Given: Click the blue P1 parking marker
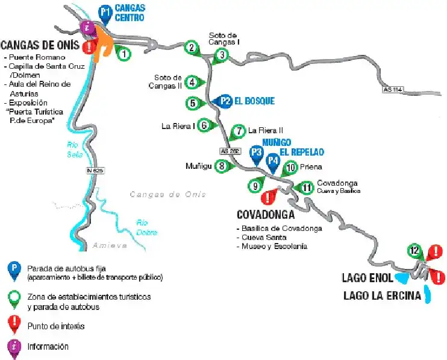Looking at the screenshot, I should coord(105,12).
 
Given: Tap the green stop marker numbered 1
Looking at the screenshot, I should coord(123,54).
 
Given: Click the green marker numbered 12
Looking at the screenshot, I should coord(414,250).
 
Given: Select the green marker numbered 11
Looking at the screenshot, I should coord(307,188).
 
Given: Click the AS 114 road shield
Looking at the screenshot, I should coord(392,90).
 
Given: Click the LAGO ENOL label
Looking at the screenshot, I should coord(367,278).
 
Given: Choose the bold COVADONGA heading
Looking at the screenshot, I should coord(265,215).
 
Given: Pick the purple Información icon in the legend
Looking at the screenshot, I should coord(12,347).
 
